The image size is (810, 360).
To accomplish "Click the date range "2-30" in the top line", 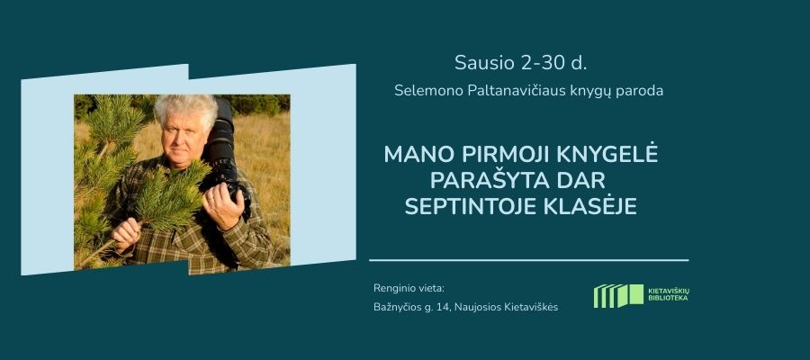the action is click(542, 63).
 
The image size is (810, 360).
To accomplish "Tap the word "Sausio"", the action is click(486, 63).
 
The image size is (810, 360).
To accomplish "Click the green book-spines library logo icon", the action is click(618, 296).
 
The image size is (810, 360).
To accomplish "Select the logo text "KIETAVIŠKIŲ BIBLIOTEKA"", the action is click(668, 295).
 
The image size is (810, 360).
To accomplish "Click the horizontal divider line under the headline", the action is click(529, 260).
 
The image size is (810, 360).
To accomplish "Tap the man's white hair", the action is click(186, 110).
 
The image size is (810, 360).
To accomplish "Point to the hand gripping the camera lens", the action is click(223, 204).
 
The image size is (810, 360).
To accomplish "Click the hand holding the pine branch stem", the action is click(126, 233).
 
